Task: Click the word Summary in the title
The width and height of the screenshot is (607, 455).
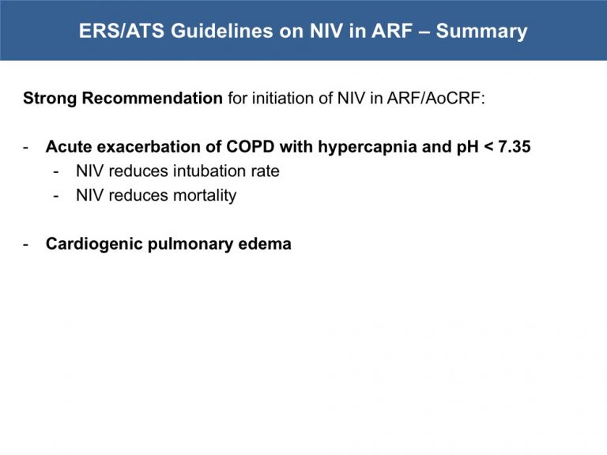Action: coord(481,32)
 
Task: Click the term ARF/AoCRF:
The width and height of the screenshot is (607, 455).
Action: coord(436,98)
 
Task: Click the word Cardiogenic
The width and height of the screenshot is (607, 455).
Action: coord(95,244)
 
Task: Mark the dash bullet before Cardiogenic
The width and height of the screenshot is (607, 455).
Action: coord(26,245)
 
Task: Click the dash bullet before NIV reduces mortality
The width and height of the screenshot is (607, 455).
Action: coord(56,196)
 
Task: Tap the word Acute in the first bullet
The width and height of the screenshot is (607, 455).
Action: coord(69,147)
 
